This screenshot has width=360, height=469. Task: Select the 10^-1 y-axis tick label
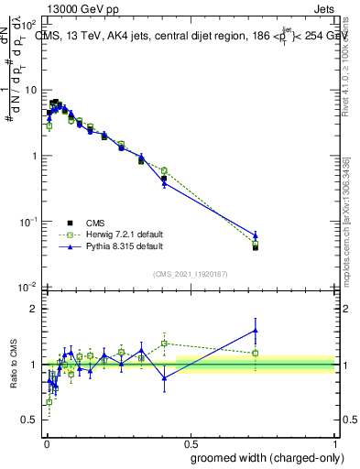click(28, 222)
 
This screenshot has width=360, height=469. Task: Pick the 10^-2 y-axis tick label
click(28, 287)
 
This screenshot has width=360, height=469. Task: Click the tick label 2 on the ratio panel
click(36, 309)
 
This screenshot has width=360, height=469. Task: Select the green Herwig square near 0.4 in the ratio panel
click(164, 344)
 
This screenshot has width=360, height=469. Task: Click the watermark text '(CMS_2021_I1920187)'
click(191, 273)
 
